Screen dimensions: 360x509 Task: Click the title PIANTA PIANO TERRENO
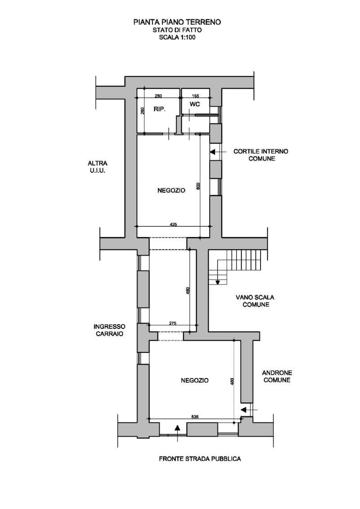pos(177,22)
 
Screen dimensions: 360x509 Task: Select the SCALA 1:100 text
pos(177,37)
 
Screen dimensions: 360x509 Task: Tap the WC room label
pos(195,104)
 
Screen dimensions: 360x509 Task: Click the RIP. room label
pos(159,109)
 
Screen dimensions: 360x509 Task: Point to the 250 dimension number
pos(158,96)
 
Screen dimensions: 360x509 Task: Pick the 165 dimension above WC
pos(195,96)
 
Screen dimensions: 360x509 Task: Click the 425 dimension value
pos(173,224)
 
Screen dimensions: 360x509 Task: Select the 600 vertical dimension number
pos(198,186)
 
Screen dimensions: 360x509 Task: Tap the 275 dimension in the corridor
pos(173,323)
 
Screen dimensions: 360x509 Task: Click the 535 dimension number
pos(195,417)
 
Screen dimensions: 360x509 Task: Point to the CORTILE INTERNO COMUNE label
pos(261,155)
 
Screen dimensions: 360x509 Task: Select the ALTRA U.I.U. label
pos(97,167)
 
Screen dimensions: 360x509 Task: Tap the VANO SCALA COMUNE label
pos(255,301)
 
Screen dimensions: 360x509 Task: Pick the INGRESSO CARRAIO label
pos(110,330)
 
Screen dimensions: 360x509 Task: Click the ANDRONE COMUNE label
pos(277,376)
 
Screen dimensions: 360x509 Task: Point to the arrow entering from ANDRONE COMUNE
pos(249,410)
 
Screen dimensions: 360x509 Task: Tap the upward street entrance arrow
pos(177,433)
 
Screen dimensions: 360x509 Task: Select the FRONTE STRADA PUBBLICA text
pos(200,459)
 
